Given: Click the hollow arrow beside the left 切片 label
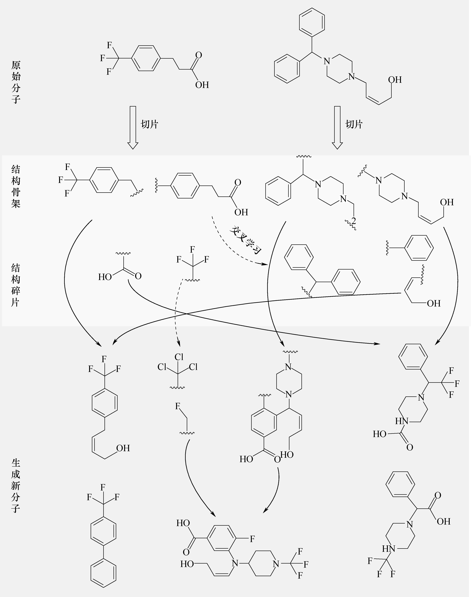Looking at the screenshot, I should click(x=133, y=127).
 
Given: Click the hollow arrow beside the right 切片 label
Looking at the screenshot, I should click(x=337, y=127).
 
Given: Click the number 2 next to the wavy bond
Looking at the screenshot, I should click(x=354, y=220).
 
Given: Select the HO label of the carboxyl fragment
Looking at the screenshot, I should click(x=105, y=277).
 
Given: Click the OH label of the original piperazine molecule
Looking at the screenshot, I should click(x=395, y=80).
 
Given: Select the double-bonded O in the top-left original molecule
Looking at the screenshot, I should click(x=198, y=55).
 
